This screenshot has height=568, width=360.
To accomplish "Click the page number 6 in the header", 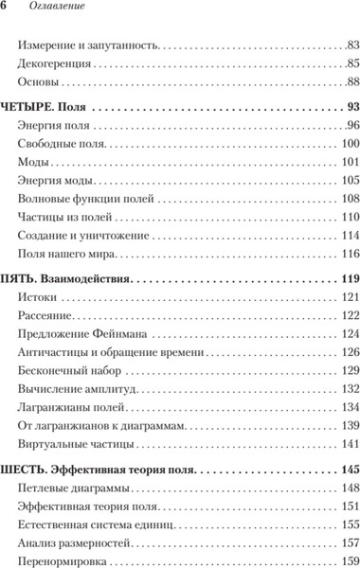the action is pos(8,8).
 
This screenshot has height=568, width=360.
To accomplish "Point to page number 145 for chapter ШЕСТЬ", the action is pos(347,470).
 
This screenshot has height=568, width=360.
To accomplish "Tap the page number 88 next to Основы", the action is pos(351,83).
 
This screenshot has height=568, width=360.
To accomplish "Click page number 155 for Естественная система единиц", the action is pos(348,524).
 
